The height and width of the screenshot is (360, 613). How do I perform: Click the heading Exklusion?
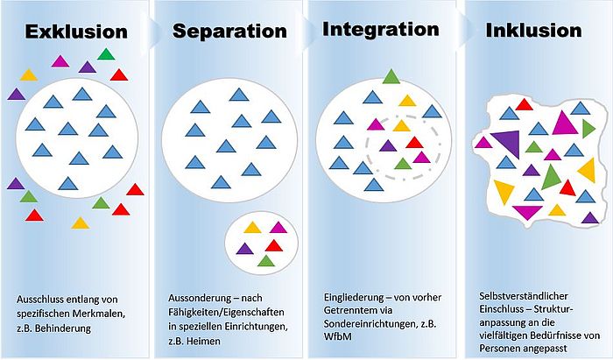76,32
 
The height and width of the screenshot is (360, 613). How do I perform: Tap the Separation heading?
229,31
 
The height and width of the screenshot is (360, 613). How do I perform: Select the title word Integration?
380,30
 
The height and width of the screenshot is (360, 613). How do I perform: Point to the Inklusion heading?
533,30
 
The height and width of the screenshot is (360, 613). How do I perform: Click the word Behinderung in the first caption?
62,328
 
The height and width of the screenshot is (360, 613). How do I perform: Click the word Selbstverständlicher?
524,296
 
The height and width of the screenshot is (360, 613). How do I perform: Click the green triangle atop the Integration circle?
391,76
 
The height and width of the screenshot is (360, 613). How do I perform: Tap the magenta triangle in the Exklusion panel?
60,61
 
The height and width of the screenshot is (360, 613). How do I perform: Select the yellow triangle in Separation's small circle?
252,228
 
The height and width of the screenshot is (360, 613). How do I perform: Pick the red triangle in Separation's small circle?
273,246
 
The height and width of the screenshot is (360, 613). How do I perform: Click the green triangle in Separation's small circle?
266,261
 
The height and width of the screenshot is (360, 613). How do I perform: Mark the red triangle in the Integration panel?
414,142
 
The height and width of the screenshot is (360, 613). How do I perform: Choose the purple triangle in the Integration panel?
388,145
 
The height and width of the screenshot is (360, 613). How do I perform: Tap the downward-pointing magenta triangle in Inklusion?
527,212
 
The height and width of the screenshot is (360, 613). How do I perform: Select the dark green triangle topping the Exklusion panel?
106,54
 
